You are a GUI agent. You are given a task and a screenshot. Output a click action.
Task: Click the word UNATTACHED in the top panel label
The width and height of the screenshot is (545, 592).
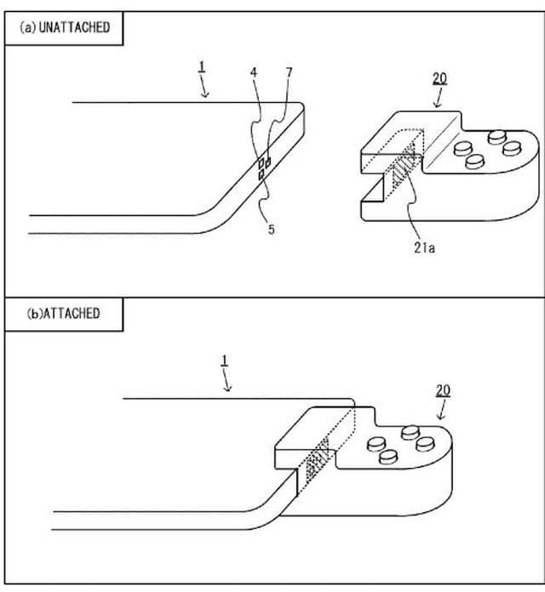click(74, 27)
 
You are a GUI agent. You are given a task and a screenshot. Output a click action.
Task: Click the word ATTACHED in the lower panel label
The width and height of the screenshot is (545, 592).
click(71, 313)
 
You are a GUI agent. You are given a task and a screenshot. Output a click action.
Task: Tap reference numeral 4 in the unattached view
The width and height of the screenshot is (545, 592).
click(254, 72)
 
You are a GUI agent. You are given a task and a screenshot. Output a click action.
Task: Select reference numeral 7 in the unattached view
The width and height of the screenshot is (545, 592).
click(290, 72)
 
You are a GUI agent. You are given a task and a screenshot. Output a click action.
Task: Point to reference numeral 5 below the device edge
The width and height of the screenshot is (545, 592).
click(272, 229)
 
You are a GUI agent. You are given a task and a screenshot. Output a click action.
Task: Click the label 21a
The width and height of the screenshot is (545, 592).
click(424, 248)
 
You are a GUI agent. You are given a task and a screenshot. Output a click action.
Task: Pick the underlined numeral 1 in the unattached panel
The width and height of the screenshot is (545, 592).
click(202, 66)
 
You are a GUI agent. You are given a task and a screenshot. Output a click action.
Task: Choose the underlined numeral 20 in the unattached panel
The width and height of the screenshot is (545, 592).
click(439, 78)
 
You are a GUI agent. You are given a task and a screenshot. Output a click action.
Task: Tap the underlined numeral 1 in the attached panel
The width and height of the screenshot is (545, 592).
click(225, 361)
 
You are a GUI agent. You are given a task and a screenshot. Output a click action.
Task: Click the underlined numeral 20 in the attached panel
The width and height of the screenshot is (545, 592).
click(443, 390)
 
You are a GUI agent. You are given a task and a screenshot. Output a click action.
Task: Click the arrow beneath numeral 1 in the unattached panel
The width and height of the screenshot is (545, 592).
click(204, 86)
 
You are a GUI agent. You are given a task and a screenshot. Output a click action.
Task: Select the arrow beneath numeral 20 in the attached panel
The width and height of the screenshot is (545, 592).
click(441, 410)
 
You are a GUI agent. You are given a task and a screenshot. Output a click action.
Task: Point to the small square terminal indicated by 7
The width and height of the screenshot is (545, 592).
click(268, 162)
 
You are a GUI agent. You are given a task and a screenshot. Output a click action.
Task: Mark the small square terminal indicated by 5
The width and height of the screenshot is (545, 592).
click(261, 175)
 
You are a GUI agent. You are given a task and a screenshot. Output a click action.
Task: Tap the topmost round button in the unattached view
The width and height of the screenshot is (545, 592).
click(496, 137)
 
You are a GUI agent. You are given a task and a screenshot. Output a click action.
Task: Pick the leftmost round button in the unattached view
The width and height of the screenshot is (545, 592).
click(463, 148)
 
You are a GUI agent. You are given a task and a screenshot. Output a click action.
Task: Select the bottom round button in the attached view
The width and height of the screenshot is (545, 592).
click(387, 456)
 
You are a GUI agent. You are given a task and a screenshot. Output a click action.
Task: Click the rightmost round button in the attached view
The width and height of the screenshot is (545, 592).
click(425, 444)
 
